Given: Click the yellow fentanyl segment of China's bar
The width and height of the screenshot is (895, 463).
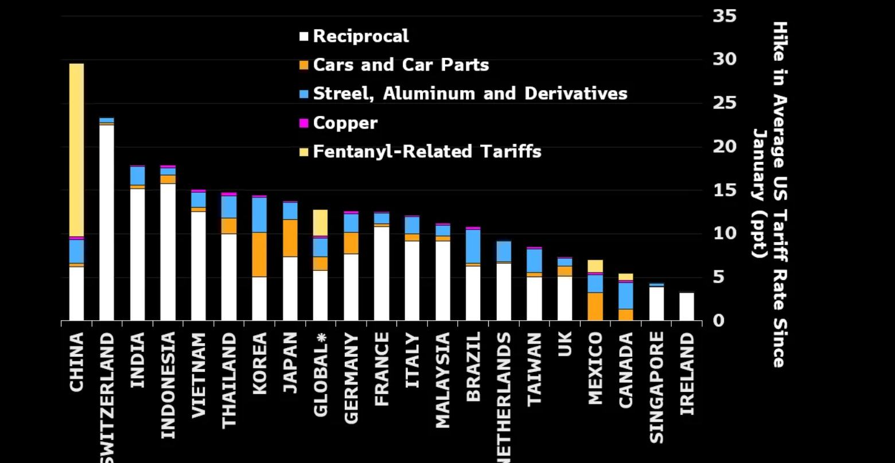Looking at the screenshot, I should (76, 149).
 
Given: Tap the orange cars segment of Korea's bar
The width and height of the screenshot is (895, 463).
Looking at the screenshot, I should (259, 255).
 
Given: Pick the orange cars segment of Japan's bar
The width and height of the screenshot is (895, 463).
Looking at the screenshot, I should (290, 238).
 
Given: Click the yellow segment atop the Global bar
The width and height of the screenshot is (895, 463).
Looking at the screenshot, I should (320, 223).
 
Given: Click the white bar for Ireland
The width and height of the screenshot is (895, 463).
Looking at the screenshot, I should (687, 306).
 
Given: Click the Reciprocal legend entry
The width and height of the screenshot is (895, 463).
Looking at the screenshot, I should (360, 37).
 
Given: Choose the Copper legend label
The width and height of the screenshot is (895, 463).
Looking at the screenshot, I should (345, 123).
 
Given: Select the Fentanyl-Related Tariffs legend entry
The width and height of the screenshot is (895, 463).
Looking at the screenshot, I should (427, 152).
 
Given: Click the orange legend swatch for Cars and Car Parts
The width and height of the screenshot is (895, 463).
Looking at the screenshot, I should (303, 65).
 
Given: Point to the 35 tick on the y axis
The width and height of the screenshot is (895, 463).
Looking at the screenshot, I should (725, 16).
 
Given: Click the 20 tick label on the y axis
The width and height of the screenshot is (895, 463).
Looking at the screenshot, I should (725, 147).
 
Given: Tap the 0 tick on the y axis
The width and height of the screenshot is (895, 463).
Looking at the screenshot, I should (718, 321).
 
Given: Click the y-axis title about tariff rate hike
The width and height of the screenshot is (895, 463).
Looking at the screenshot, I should (769, 195).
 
